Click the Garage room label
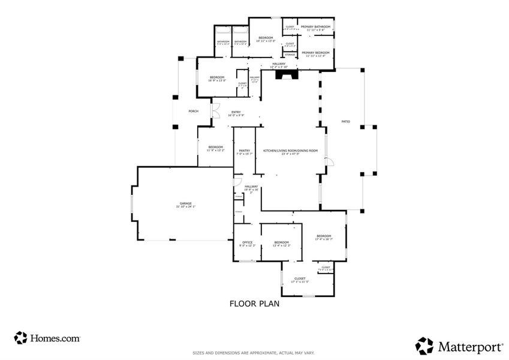(186, 205)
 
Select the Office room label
(248, 244)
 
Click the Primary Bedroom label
(316, 54)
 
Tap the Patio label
(345, 121)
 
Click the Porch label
(193, 111)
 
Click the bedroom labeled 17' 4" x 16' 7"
(324, 238)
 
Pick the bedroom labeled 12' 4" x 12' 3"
(281, 244)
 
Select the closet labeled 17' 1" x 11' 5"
(300, 280)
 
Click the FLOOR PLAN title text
(254, 304)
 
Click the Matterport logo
(458, 346)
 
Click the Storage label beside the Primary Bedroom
(290, 55)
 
